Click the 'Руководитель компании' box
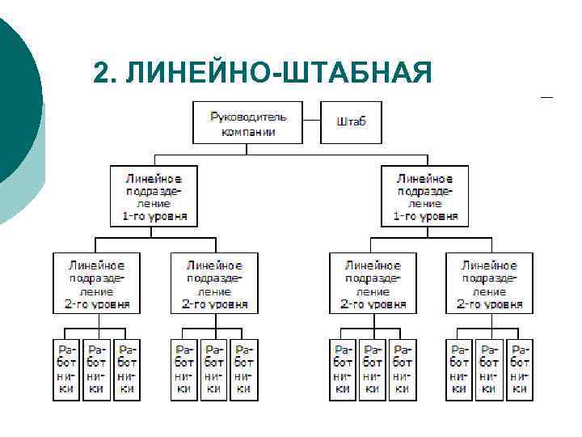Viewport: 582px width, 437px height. point(247,123)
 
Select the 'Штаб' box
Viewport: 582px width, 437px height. point(351,122)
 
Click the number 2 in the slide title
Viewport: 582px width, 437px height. point(99,72)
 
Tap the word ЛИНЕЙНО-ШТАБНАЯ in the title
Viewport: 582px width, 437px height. point(280,72)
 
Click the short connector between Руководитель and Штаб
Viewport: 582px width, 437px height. point(312,121)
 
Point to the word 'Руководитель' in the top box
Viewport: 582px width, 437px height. point(247,117)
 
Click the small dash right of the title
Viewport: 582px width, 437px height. point(546,98)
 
